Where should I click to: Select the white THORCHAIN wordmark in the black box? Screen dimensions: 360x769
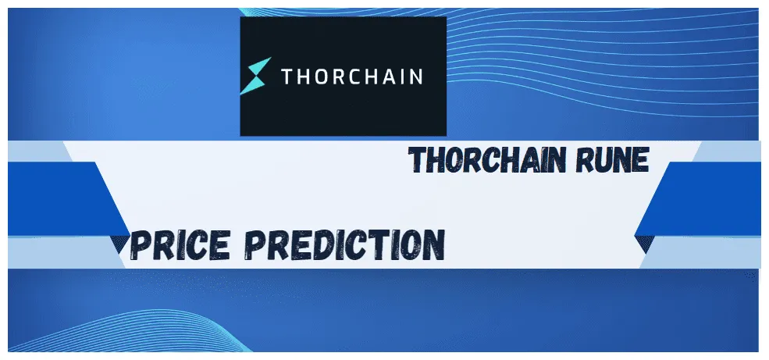[x=351, y=77]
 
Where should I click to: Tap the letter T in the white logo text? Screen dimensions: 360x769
[x=287, y=77]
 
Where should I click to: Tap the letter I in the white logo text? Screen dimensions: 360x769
[x=401, y=77]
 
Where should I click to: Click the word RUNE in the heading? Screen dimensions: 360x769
[x=615, y=160]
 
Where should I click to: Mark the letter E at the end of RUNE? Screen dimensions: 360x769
[x=639, y=160]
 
